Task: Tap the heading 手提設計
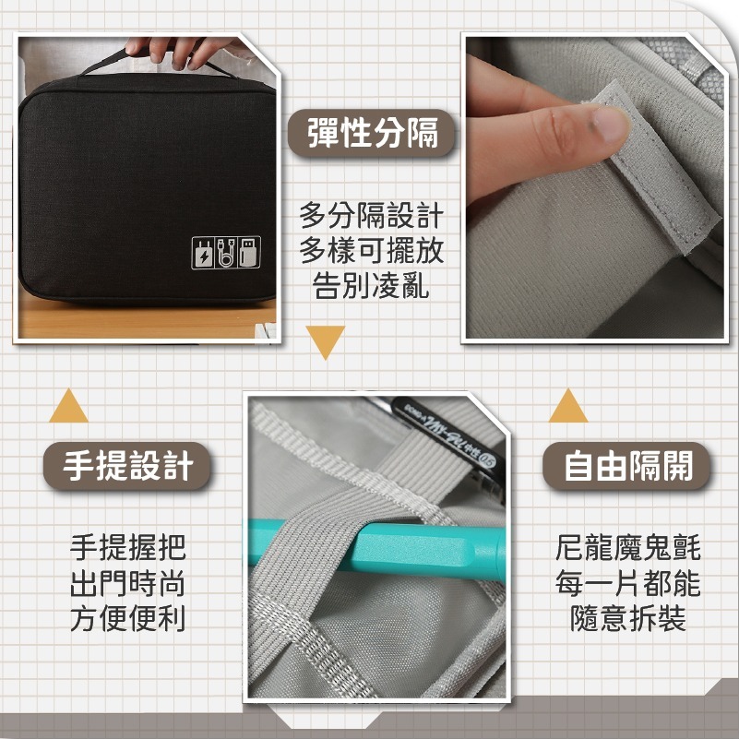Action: point(128,466)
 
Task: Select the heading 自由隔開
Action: point(627,466)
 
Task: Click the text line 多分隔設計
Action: point(371,217)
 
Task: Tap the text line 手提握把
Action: point(128,548)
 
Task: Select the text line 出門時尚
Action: point(128,583)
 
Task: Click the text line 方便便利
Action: point(128,618)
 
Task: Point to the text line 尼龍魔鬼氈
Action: point(627,548)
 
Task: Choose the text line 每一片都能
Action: point(627,583)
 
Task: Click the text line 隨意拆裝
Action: point(627,618)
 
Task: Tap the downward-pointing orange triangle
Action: point(326,341)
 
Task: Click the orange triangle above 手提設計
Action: point(68,407)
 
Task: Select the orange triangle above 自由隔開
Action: point(567,407)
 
